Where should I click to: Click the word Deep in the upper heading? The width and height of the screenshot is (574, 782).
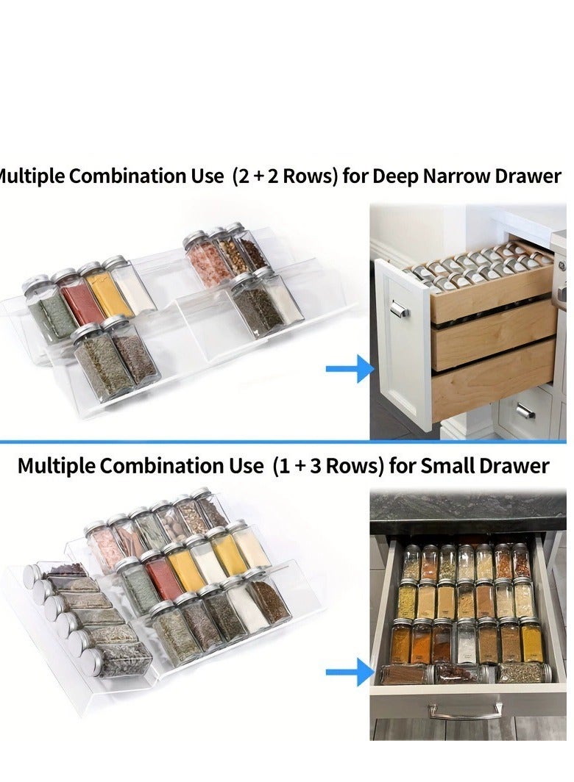tap(394, 177)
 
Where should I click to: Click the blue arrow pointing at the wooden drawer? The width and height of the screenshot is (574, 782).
tap(350, 368)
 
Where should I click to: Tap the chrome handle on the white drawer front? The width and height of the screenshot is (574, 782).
tap(398, 309)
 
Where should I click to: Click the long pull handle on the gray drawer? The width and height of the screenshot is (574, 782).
tap(467, 711)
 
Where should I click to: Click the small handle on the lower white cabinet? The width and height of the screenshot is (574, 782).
tap(525, 411)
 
